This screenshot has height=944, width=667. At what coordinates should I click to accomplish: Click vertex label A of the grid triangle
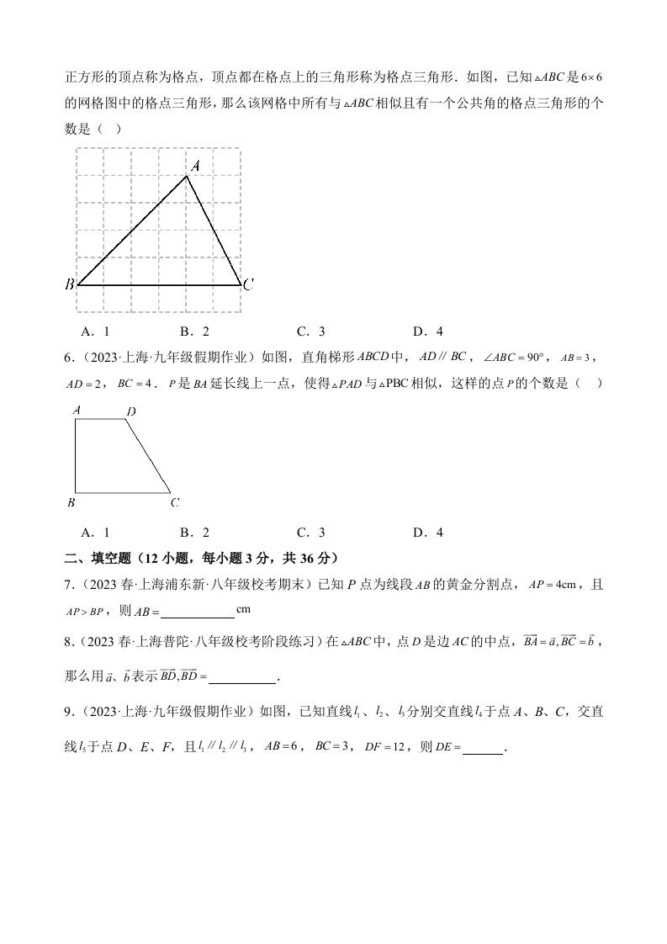[194, 167]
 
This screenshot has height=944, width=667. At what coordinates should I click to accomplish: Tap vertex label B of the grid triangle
[70, 285]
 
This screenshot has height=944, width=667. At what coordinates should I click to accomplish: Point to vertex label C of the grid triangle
[248, 286]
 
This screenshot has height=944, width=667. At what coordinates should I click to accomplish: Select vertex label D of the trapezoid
[130, 411]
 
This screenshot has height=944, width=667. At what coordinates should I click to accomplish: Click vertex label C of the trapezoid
[174, 503]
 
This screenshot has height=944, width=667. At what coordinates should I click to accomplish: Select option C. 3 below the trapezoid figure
[310, 532]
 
